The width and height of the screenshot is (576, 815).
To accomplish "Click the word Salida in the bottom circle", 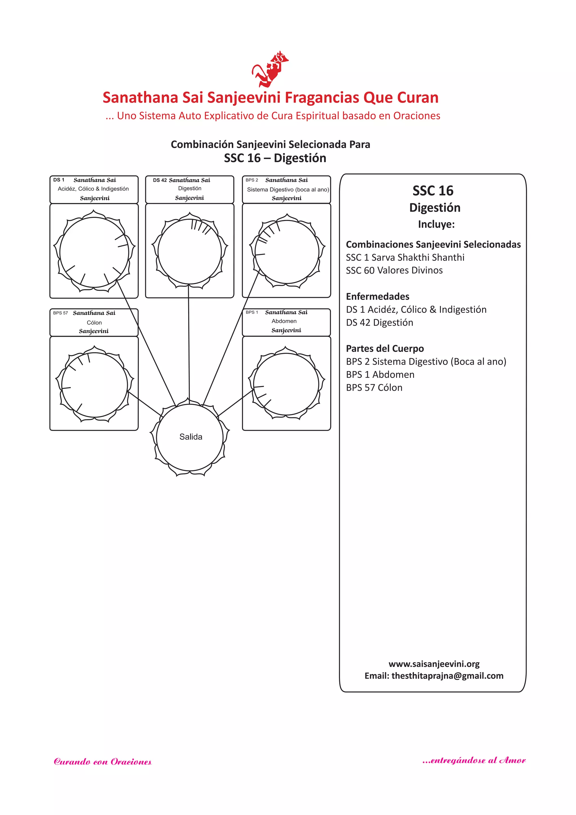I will (x=190, y=437).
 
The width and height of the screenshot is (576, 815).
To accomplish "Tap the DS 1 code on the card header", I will (x=58, y=180).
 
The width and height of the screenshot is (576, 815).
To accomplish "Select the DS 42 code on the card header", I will (x=159, y=180).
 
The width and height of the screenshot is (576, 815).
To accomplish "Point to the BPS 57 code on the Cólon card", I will (x=60, y=313).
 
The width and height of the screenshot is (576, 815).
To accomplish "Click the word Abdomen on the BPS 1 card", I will (x=284, y=321).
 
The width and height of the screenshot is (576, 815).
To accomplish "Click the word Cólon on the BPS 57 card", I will (x=94, y=322).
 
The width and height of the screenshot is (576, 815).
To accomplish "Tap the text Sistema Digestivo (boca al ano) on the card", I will (x=288, y=189).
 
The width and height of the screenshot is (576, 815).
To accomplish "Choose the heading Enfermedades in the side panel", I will (x=377, y=296).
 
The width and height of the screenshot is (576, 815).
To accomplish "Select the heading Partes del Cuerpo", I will (x=384, y=349).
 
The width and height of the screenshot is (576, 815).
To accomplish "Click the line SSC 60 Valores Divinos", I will (x=394, y=271).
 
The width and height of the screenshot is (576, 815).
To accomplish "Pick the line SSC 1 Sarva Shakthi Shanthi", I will (x=405, y=257).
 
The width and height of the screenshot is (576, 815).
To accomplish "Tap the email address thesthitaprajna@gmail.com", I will (x=447, y=676).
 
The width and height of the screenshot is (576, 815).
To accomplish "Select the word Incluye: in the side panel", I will (x=436, y=224).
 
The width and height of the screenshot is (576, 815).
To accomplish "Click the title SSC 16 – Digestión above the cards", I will (x=275, y=158).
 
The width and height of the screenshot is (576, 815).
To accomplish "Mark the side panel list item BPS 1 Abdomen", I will (x=380, y=374).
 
